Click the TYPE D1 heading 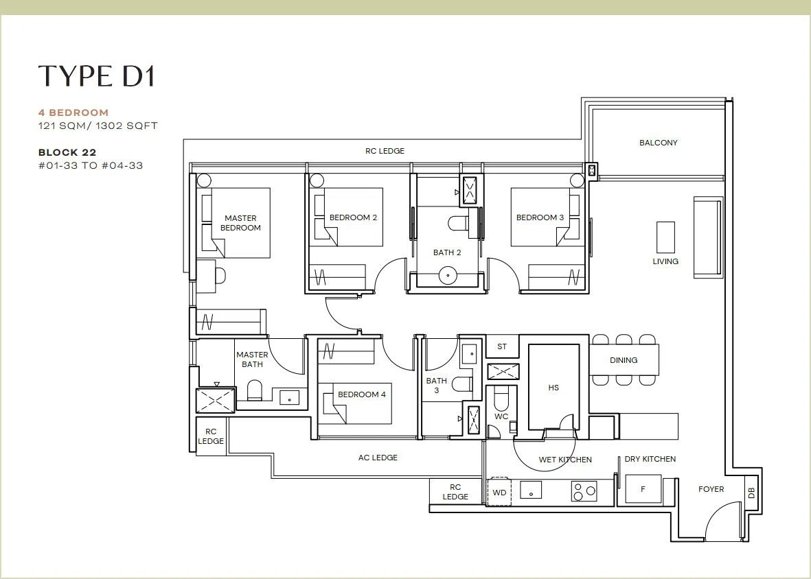[x=97, y=76]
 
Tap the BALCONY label [x=658, y=143]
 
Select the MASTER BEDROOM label [x=240, y=222]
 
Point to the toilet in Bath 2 [x=458, y=223]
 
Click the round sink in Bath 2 [x=448, y=275]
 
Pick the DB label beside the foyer [x=751, y=493]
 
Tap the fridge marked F [x=643, y=489]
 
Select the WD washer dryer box [x=499, y=493]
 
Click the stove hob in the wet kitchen [x=584, y=491]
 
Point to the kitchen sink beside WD [x=531, y=490]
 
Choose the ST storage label [x=502, y=346]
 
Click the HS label [x=553, y=388]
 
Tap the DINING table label [x=624, y=360]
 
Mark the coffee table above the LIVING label [x=665, y=237]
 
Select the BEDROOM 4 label [x=361, y=394]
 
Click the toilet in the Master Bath [x=255, y=390]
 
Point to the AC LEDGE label [x=378, y=457]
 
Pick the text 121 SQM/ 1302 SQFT [x=98, y=126]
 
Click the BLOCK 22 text [x=67, y=152]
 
